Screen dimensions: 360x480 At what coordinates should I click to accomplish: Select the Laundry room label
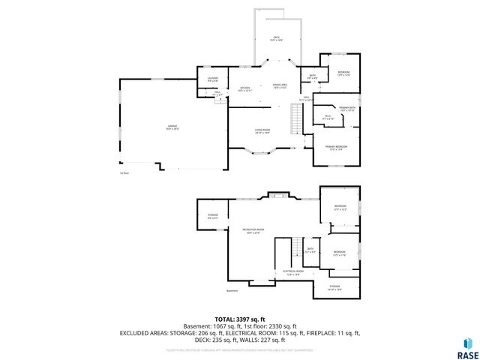212,79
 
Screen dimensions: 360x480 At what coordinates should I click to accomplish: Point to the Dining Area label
280,86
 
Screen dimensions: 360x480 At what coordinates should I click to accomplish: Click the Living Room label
261,130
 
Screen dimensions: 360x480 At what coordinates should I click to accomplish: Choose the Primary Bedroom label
334,147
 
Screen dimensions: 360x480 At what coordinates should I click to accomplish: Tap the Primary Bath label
346,109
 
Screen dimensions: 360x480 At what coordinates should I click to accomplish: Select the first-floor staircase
296,116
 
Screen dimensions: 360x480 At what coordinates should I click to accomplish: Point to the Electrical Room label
292,271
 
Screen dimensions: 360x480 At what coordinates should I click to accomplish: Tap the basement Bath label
309,250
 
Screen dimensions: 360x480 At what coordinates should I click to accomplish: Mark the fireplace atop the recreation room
278,196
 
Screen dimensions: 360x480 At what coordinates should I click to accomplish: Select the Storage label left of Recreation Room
212,217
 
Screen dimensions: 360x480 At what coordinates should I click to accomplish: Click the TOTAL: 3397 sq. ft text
239,319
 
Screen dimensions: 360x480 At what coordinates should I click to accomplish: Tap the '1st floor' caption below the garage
124,173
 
